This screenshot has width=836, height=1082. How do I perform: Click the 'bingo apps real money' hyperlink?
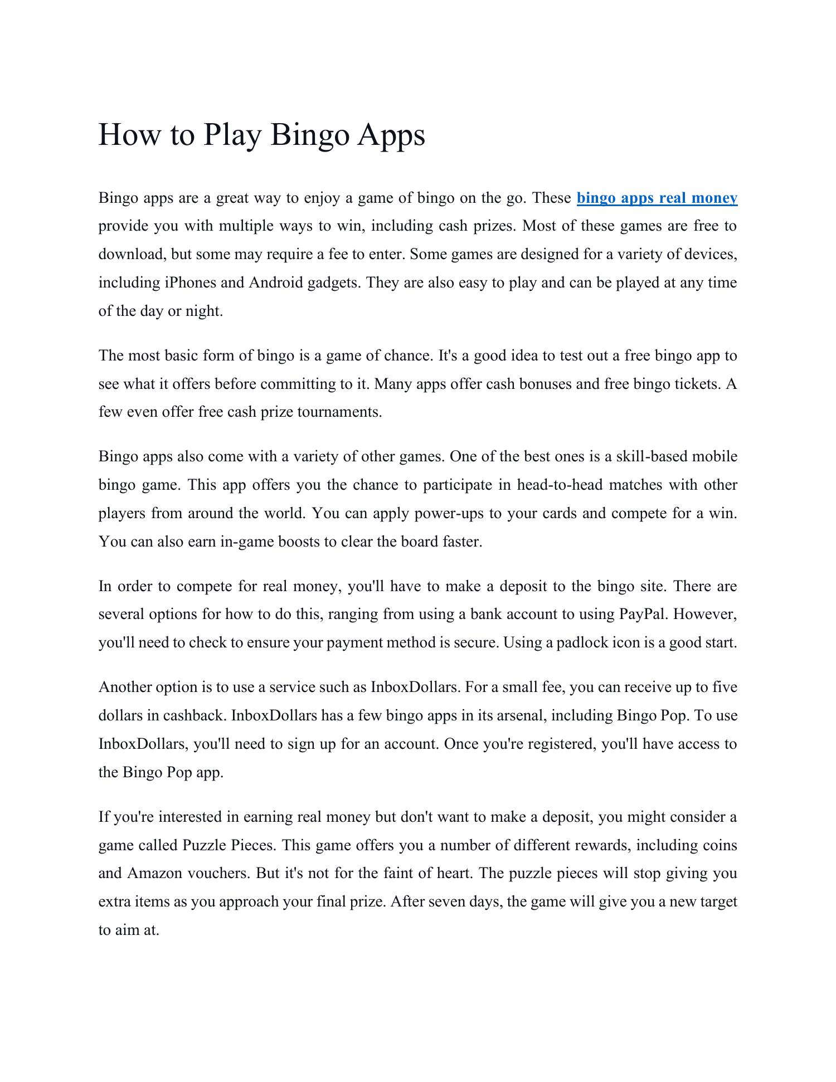tap(657, 198)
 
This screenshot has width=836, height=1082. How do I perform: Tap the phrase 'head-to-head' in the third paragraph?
tap(560, 485)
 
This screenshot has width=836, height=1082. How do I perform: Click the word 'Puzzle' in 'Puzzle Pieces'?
tap(204, 845)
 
